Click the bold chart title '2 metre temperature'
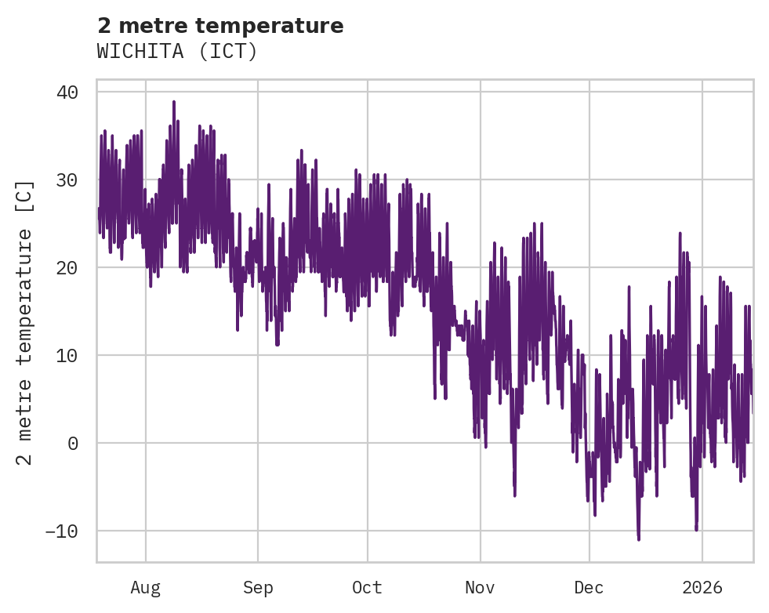(220, 26)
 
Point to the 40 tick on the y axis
(67, 92)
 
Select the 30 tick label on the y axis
(67, 180)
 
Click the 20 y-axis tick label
(67, 268)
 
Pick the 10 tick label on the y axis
(67, 356)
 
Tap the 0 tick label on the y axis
(73, 444)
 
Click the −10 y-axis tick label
(62, 531)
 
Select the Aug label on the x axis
(145, 588)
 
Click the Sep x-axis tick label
(257, 588)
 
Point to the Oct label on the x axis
(367, 588)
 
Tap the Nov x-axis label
(480, 588)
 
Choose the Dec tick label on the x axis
(589, 588)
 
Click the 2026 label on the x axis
(702, 588)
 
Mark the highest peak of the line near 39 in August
(173, 101)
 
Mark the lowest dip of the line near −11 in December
(639, 539)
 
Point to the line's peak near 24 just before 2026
(680, 233)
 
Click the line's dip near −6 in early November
(515, 495)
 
